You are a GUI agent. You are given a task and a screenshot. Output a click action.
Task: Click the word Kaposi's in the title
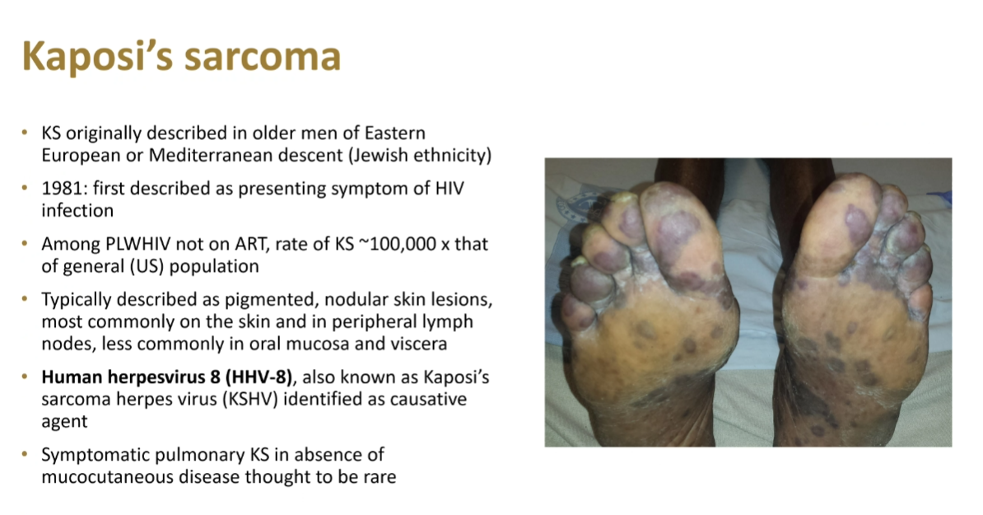pos(96,56)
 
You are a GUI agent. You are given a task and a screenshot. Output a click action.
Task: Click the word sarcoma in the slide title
pos(262,57)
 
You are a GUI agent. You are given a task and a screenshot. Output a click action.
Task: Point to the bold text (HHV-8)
pos(259,377)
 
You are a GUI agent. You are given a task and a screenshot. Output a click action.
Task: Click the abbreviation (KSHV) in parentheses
pos(249,399)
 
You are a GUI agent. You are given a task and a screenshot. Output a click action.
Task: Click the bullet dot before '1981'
pos(25,188)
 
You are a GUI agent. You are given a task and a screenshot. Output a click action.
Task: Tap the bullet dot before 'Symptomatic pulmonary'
pos(25,454)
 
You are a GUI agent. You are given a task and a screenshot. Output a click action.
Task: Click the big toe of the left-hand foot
pos(683,226)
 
